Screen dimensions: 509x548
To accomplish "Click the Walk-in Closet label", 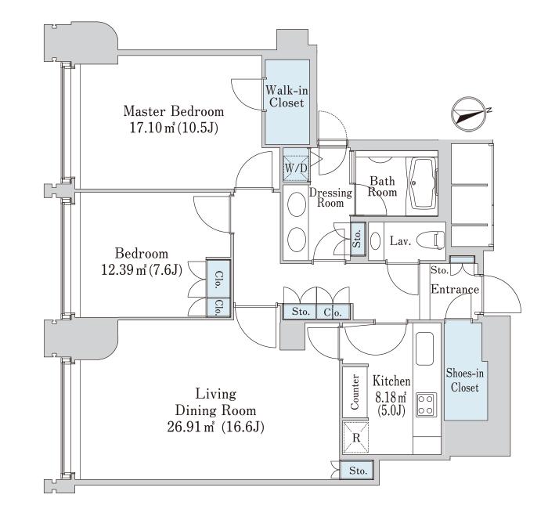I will (287, 96).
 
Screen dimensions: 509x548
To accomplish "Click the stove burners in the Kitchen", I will (426, 404).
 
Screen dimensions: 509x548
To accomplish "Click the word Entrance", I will (455, 289).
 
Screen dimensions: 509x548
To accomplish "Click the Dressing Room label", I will (326, 197).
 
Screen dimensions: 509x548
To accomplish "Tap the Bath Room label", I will (383, 186).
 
